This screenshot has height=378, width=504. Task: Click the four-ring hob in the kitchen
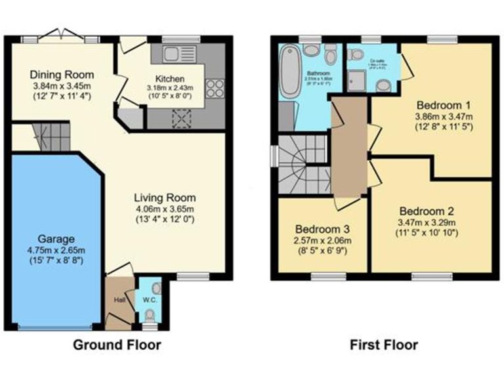[x=215, y=87]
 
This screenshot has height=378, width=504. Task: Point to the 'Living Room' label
[x=165, y=198]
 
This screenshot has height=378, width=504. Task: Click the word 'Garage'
[x=56, y=239]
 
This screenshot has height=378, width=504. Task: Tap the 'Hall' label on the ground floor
[x=119, y=299]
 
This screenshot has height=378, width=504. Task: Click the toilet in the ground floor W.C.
[x=156, y=288]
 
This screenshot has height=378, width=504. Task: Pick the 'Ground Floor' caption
[x=116, y=345]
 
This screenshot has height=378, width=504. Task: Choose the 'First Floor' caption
[x=383, y=345]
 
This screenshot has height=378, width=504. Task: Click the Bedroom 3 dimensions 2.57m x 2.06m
[x=322, y=241]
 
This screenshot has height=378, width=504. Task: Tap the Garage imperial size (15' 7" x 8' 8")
[x=56, y=261]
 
